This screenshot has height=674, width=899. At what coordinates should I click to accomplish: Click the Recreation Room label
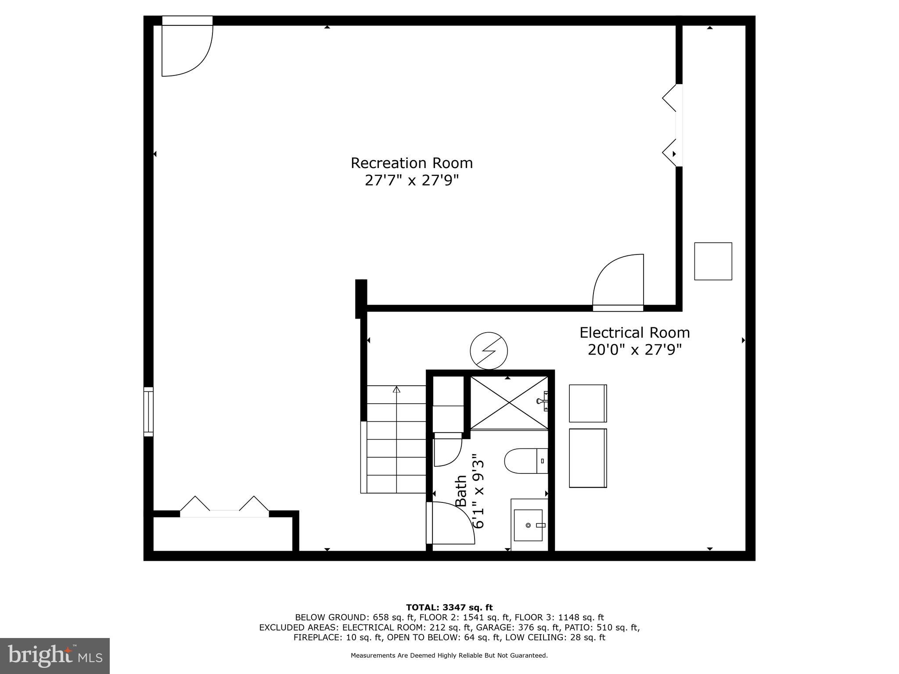[x=411, y=163]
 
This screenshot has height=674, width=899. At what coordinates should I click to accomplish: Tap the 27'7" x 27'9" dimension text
[x=411, y=180]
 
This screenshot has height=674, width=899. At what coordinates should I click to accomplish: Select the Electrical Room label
[x=634, y=333]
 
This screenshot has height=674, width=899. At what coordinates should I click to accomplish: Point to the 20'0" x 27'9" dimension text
[x=634, y=350]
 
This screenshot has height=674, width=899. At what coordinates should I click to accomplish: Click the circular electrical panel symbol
[x=489, y=351]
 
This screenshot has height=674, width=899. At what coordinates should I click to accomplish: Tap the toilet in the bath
[x=525, y=461]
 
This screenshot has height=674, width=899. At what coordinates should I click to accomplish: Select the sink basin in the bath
[x=528, y=525]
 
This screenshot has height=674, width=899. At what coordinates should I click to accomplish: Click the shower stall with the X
[x=509, y=402]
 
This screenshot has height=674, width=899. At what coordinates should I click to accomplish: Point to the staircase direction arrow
[x=396, y=390]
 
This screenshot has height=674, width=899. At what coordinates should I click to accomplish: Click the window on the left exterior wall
[x=148, y=412]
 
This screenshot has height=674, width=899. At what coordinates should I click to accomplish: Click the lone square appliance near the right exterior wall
[x=713, y=261]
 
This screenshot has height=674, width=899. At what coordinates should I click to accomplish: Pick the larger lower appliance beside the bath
[x=587, y=458]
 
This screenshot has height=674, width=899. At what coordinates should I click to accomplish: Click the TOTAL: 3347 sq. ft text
[x=449, y=607]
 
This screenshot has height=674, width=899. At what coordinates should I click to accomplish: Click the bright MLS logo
[x=54, y=656]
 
